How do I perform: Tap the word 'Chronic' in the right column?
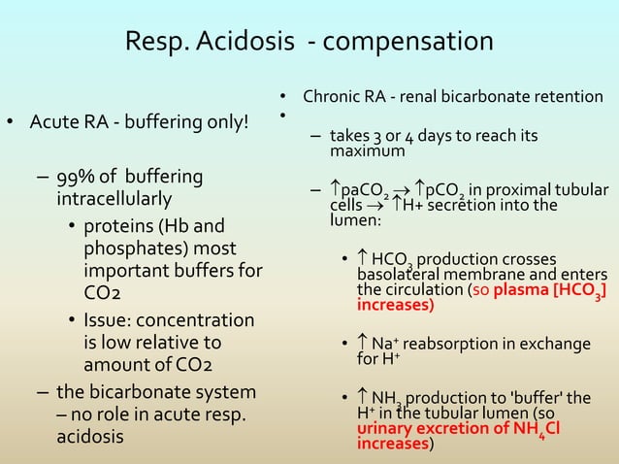point(330,98)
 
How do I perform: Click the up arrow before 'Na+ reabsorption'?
point(363,344)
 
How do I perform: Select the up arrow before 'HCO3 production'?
point(363,259)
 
